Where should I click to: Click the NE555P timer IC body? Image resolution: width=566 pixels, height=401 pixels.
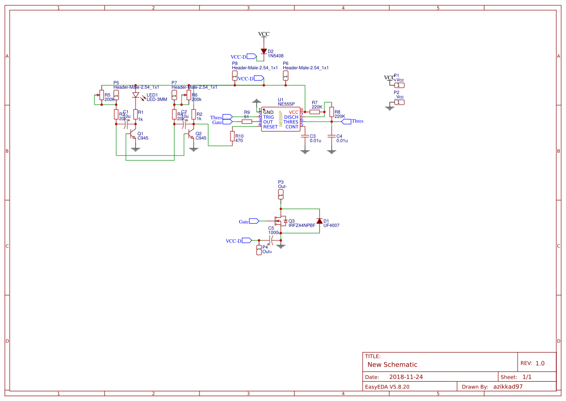(x=281, y=119)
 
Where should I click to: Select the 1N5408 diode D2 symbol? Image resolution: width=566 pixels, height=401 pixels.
(x=264, y=51)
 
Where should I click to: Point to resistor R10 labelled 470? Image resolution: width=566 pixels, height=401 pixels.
(x=232, y=137)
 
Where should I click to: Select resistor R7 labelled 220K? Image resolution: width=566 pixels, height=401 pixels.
(x=315, y=112)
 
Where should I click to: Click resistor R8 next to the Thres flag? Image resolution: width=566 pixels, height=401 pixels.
(x=331, y=112)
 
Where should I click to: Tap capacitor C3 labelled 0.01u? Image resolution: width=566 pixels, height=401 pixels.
(x=305, y=137)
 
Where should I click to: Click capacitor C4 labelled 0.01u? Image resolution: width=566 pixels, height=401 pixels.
(x=331, y=137)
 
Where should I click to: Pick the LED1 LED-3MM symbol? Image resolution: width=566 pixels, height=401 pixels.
(x=136, y=95)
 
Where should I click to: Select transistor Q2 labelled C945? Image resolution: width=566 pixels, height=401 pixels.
(x=191, y=136)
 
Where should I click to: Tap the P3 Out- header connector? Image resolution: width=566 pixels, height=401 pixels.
(x=281, y=194)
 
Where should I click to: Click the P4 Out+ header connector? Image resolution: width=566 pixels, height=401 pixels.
(x=259, y=250)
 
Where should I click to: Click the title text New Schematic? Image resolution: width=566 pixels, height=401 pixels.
(x=392, y=365)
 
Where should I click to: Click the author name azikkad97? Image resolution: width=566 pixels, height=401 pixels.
(x=508, y=386)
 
